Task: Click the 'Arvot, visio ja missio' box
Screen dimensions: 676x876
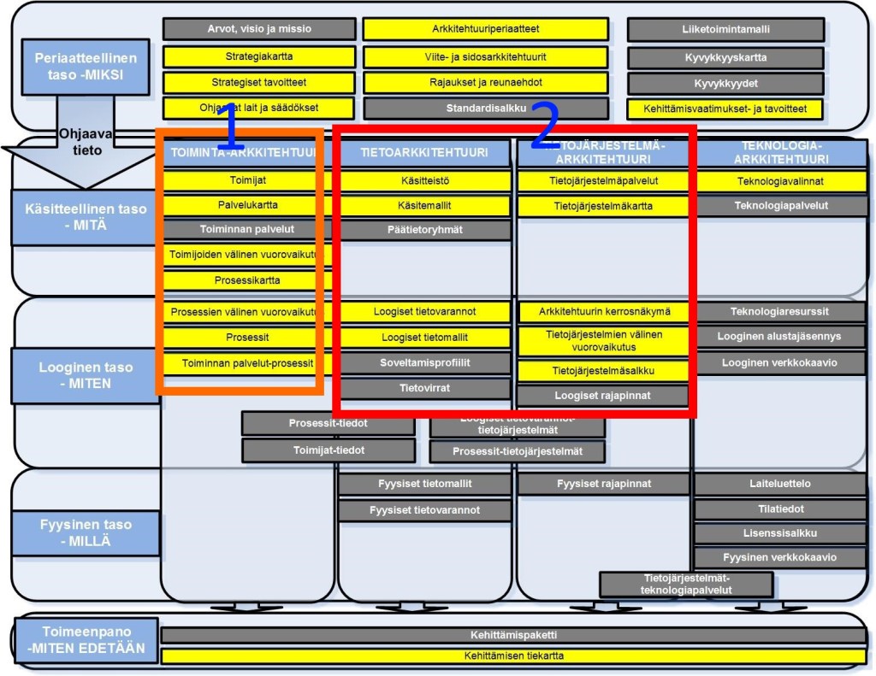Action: (258, 29)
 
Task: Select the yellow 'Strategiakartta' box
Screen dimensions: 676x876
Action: (258, 57)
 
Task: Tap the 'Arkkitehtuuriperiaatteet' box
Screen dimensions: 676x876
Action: (485, 29)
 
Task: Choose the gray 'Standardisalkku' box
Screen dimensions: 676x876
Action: (485, 109)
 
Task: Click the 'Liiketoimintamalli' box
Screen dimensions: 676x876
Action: (725, 29)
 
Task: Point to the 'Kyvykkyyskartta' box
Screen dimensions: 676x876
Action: (725, 57)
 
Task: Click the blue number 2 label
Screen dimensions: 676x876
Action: (545, 126)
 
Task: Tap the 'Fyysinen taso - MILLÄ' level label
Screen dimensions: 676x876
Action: (86, 532)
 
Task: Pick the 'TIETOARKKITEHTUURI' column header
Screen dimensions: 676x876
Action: (424, 153)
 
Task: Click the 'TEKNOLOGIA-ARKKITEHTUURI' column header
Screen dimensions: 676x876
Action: (782, 152)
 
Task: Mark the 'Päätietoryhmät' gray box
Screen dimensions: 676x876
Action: (425, 229)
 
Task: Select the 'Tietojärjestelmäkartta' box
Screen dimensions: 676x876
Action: (603, 206)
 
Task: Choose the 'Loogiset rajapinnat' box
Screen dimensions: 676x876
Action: (602, 396)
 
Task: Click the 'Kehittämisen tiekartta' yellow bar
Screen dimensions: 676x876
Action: (513, 655)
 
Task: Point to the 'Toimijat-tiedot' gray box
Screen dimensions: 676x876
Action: (328, 450)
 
